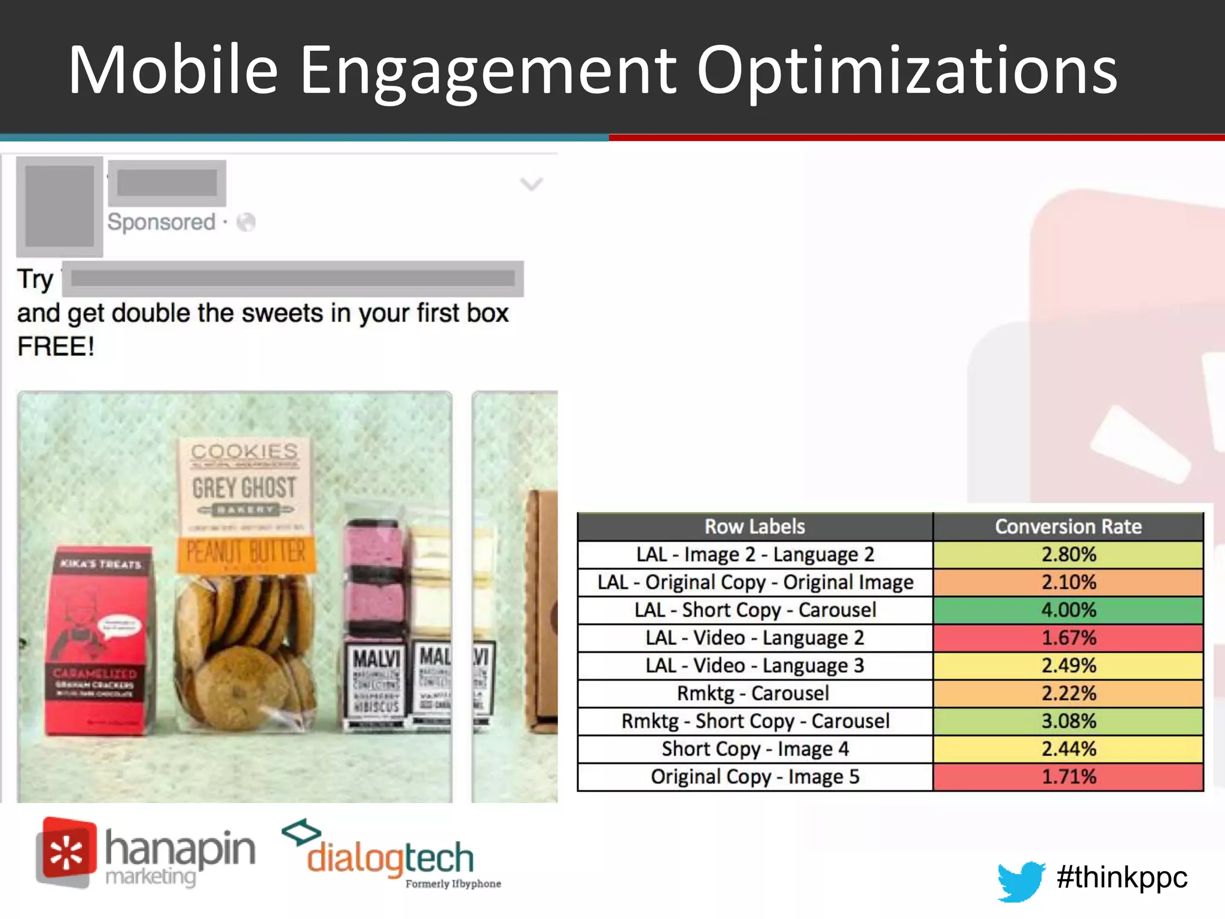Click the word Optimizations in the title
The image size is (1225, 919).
click(907, 71)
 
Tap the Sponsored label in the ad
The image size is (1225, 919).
click(161, 222)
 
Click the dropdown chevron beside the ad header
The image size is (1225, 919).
click(531, 184)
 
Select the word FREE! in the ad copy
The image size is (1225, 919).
click(56, 346)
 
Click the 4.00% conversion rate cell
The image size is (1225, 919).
click(1068, 610)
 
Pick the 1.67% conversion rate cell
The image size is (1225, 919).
click(1068, 638)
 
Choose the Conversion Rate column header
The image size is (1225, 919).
click(1068, 527)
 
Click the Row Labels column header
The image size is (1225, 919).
click(755, 527)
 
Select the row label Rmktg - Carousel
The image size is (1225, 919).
click(753, 693)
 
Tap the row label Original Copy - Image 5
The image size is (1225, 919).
click(755, 777)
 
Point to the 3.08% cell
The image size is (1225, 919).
click(1068, 721)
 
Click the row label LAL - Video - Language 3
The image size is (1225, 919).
click(755, 665)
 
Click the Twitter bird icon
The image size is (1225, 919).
click(1020, 880)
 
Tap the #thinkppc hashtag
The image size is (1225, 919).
click(1122, 877)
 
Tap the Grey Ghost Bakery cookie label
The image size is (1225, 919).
click(244, 488)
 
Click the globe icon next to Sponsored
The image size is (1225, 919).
click(246, 223)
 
